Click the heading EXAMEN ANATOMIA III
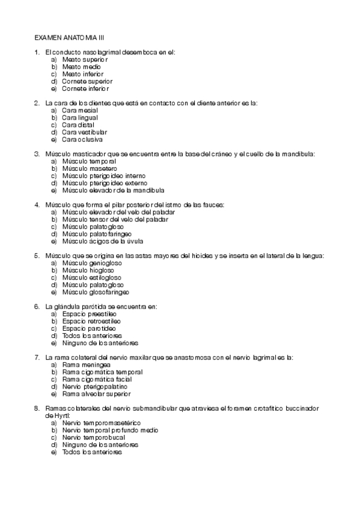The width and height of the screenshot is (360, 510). [70, 37]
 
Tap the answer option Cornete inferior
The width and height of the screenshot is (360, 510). [87, 88]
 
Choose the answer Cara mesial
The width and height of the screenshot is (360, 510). [80, 111]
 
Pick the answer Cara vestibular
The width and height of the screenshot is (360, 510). [85, 132]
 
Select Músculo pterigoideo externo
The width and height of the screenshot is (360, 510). [104, 183]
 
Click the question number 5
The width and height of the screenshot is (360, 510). [37, 256]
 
